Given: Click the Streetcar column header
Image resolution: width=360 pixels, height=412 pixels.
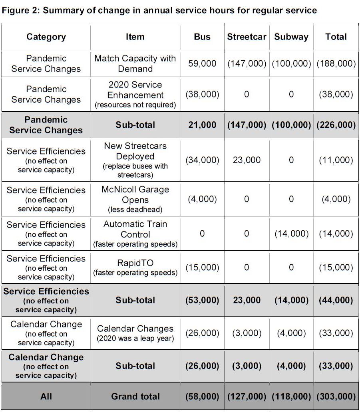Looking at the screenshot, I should click(247, 37).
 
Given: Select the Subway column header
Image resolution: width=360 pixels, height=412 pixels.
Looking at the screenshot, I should click(291, 37).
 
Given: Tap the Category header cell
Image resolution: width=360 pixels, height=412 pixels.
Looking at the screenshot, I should click(46, 37).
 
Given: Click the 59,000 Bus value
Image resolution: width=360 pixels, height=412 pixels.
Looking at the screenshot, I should click(202, 63).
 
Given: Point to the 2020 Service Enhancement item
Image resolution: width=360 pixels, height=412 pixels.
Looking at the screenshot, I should click(135, 95).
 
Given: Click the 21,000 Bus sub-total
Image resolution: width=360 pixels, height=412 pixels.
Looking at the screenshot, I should click(202, 125).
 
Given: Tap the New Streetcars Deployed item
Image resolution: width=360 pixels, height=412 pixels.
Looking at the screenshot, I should click(135, 160).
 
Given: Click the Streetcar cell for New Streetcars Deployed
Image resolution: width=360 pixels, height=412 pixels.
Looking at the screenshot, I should click(247, 160).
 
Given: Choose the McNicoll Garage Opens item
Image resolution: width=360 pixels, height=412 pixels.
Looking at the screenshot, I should click(135, 199).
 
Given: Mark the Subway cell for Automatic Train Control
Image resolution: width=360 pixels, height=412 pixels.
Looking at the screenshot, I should click(291, 234).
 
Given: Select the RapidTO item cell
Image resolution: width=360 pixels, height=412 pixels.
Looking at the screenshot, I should click(135, 267).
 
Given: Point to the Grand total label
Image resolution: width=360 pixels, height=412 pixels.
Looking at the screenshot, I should click(135, 396).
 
